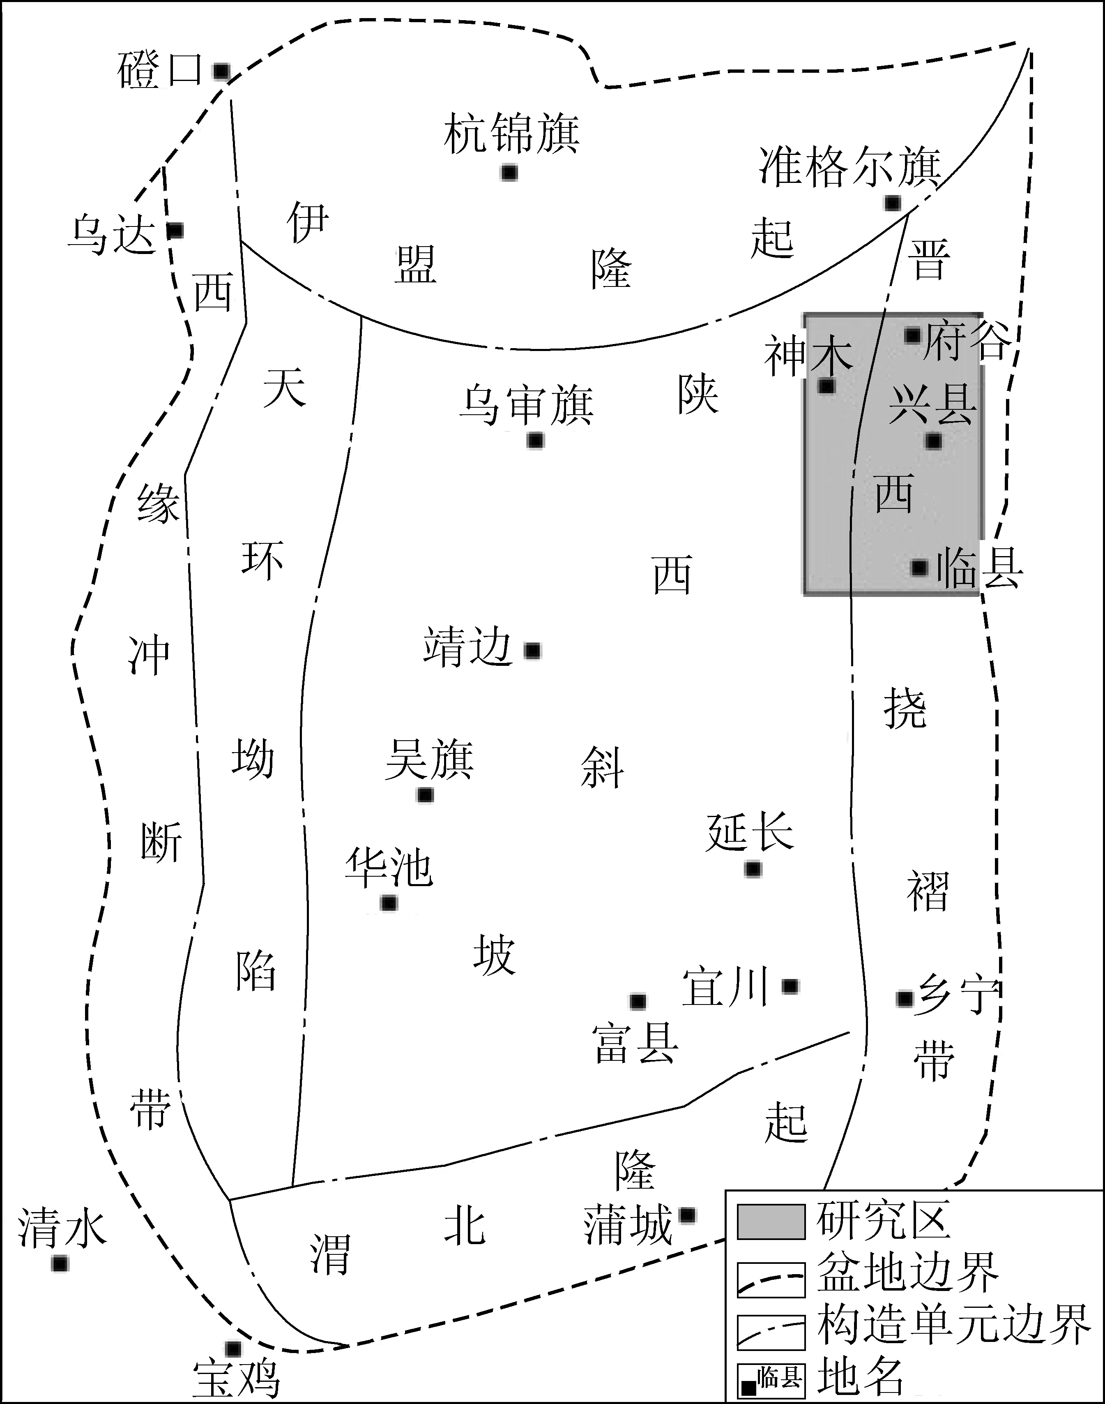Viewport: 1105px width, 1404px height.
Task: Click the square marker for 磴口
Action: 221,71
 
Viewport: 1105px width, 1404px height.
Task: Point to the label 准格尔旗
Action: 850,167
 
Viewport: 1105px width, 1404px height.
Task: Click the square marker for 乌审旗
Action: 535,440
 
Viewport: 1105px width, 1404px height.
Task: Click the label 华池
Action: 389,867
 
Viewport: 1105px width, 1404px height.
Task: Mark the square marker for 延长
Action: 753,869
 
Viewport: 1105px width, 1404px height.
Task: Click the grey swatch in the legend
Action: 771,1222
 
